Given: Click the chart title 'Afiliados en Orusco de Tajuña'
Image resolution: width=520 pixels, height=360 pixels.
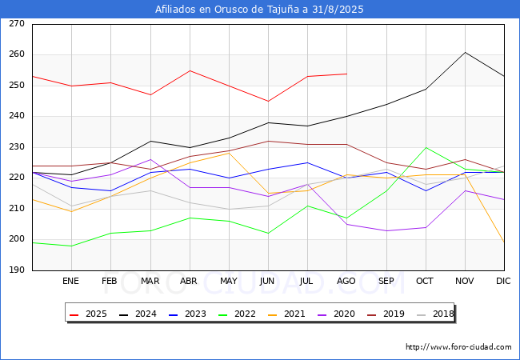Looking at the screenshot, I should (x=259, y=10).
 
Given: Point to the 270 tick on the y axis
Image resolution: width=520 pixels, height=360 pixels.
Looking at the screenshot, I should (x=16, y=24).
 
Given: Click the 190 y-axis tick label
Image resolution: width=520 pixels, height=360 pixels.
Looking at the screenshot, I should (x=16, y=270).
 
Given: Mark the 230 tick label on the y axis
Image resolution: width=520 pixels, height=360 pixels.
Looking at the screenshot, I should (x=16, y=147).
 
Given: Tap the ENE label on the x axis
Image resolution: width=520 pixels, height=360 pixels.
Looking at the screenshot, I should (x=71, y=282).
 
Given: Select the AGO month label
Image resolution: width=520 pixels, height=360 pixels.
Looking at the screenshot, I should (x=346, y=282).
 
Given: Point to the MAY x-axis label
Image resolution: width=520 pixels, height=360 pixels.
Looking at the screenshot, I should (x=229, y=282).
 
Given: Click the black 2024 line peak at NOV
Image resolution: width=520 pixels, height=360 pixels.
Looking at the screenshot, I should (x=465, y=52).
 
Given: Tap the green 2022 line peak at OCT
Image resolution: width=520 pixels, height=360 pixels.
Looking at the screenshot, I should (x=426, y=147).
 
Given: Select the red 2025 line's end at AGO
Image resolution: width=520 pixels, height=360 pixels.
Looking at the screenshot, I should (x=346, y=74).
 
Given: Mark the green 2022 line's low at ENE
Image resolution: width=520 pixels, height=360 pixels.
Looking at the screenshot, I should (x=71, y=246).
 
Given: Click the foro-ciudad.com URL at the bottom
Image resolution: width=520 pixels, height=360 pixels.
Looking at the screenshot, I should (x=458, y=347).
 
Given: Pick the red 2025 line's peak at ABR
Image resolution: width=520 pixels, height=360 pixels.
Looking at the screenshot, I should (x=190, y=70).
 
